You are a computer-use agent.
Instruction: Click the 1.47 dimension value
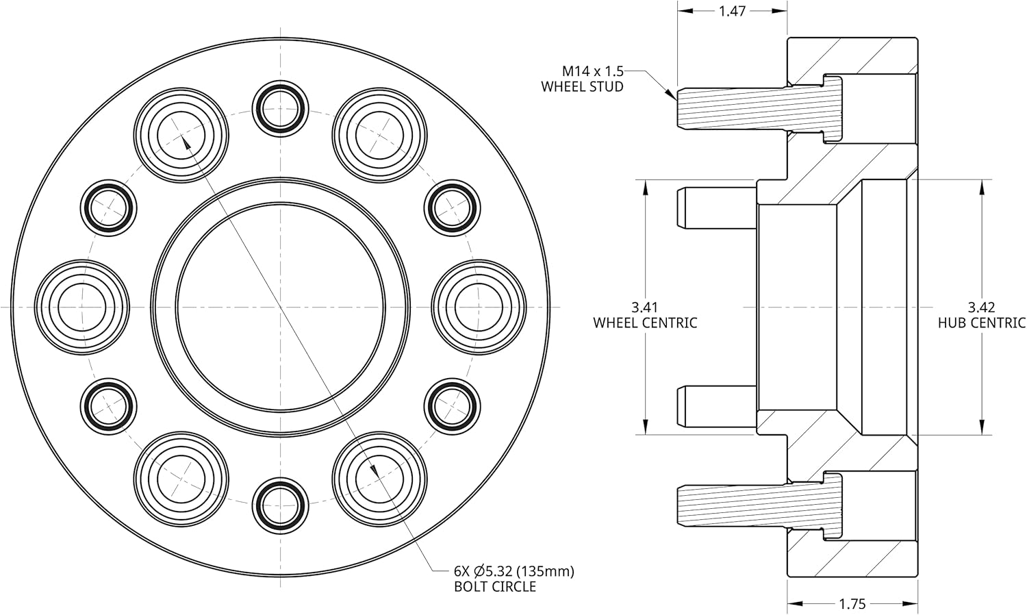coord(732,11)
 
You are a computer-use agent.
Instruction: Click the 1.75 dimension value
coord(852,603)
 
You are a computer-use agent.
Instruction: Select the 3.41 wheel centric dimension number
coord(645,307)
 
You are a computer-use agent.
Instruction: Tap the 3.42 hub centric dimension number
coord(981,307)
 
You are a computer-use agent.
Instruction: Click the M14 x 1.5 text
coord(592,71)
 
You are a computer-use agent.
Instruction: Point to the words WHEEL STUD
coord(582,87)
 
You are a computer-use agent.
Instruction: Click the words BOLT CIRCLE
coord(495,586)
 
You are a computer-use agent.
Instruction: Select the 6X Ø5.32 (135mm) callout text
coord(513,570)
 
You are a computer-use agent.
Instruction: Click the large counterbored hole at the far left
coord(81,307)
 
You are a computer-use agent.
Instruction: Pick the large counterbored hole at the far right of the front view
coord(479,307)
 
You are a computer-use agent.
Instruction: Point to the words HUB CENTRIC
coord(981,323)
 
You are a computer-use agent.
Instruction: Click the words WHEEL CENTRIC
coord(645,323)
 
